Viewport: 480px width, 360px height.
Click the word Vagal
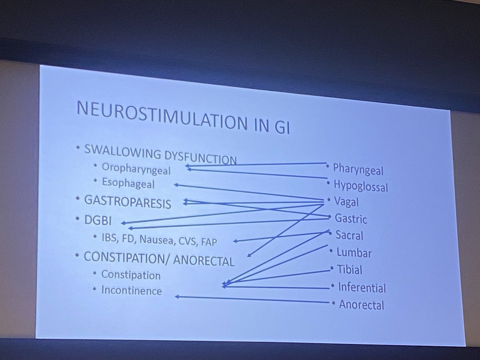pyautogui.click(x=347, y=202)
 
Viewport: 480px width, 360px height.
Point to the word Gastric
pyautogui.click(x=351, y=219)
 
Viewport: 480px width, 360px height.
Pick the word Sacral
pyautogui.click(x=349, y=235)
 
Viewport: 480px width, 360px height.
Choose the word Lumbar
pyautogui.click(x=354, y=253)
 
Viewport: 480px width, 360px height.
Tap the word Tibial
pyautogui.click(x=350, y=270)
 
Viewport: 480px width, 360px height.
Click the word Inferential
pyautogui.click(x=362, y=287)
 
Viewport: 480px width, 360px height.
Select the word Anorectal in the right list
pyautogui.click(x=361, y=305)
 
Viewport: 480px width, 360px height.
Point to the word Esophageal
pyautogui.click(x=128, y=184)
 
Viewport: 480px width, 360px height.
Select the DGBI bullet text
pyautogui.click(x=98, y=221)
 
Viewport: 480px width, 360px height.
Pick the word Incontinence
pyautogui.click(x=132, y=290)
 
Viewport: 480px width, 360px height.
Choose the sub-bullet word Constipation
pyautogui.click(x=131, y=275)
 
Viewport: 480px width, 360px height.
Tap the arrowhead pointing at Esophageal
pyautogui.click(x=176, y=185)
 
